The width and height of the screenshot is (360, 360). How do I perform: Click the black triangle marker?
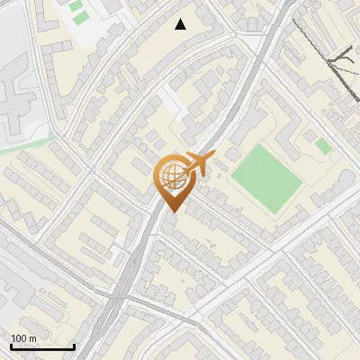coord(181,24)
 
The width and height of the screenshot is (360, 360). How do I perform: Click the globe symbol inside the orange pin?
coord(171,178)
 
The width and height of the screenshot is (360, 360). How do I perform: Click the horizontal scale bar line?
coord(41,347)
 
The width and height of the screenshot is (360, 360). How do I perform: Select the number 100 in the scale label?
coord(20,338)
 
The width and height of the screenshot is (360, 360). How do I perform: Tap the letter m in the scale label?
coord(33,338)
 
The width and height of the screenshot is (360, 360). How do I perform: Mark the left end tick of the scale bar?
coord(10,346)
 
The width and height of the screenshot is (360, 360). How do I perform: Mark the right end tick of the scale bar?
coord(74,346)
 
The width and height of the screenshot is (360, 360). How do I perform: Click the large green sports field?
coord(267,177)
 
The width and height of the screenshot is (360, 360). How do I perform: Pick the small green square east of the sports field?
coord(323,146)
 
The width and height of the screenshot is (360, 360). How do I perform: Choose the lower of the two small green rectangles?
coord(80,18)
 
